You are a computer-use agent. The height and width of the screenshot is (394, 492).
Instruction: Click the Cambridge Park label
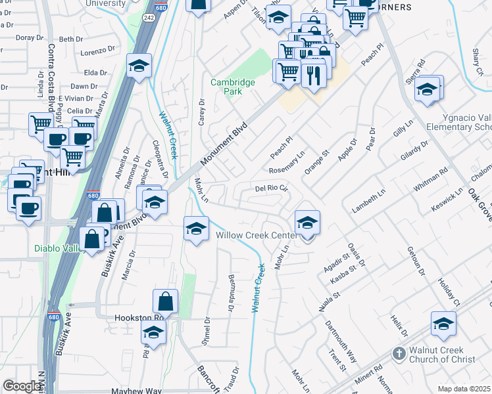point(232,87)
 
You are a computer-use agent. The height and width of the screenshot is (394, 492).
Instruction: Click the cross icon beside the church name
point(398,354)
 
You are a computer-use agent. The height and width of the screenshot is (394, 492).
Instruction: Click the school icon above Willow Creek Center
point(307,223)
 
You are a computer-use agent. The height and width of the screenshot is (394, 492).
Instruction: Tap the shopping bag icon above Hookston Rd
point(166,303)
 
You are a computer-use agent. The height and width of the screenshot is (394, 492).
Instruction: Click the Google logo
point(22,387)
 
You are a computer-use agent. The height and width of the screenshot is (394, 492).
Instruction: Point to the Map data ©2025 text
point(464,389)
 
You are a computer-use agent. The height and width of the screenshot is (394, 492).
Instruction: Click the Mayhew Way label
point(136,391)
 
